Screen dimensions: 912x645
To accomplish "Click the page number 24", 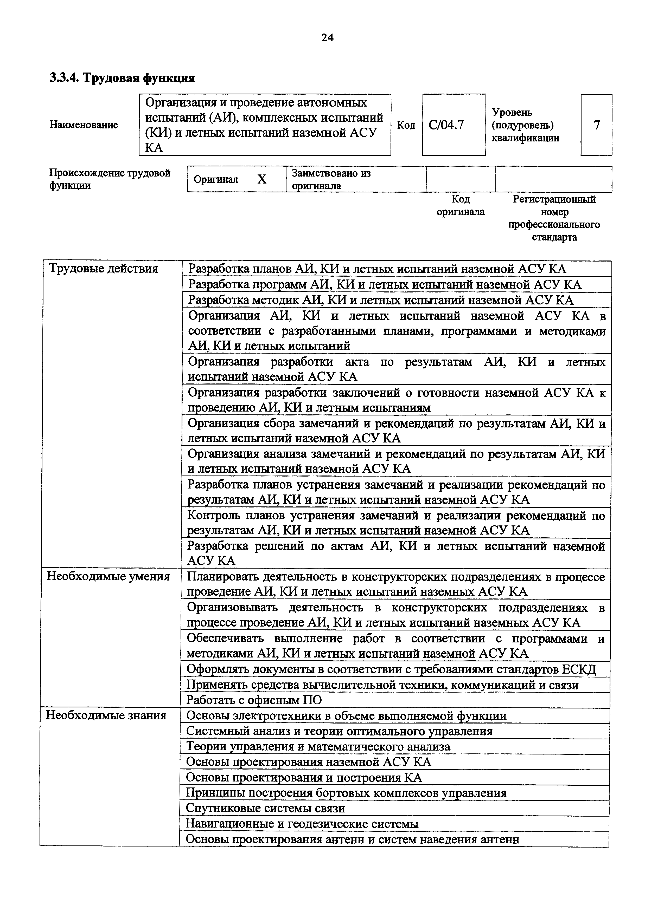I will click(327, 38).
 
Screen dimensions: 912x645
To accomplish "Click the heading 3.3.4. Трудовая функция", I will click(122, 78).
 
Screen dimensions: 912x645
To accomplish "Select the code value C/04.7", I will click(446, 125).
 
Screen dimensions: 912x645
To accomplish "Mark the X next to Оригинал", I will click(261, 180).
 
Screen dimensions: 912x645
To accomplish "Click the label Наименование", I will click(84, 125).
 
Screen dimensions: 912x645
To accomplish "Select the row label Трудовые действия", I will click(103, 269).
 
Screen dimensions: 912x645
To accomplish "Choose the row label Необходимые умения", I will click(108, 576).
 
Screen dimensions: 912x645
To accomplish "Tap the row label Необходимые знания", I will click(106, 715).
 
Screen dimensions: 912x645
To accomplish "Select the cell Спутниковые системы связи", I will click(265, 808).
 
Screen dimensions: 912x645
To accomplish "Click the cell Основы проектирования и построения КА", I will click(304, 777).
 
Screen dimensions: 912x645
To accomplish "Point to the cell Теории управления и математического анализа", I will click(318, 746).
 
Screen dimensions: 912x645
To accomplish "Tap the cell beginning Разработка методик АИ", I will click(380, 300).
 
